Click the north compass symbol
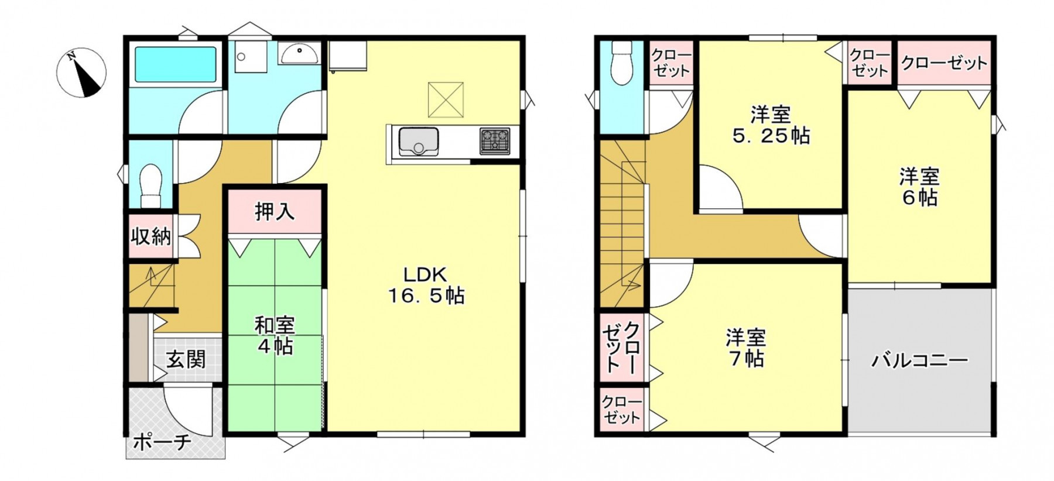[x=82, y=73]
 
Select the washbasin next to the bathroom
[x=299, y=54]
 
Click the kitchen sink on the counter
[x=419, y=142]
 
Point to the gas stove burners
[x=495, y=141]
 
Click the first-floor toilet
[x=151, y=185]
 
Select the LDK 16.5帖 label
[x=426, y=285]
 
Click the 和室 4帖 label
[x=274, y=336]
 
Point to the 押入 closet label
[x=275, y=211]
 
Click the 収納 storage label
[x=151, y=236]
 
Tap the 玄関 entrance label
[x=186, y=359]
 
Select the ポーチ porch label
[x=162, y=442]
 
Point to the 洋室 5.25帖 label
[x=771, y=125]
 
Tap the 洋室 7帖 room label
[x=746, y=348]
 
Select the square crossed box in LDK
[x=446, y=99]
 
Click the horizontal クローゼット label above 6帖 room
[x=944, y=63]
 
